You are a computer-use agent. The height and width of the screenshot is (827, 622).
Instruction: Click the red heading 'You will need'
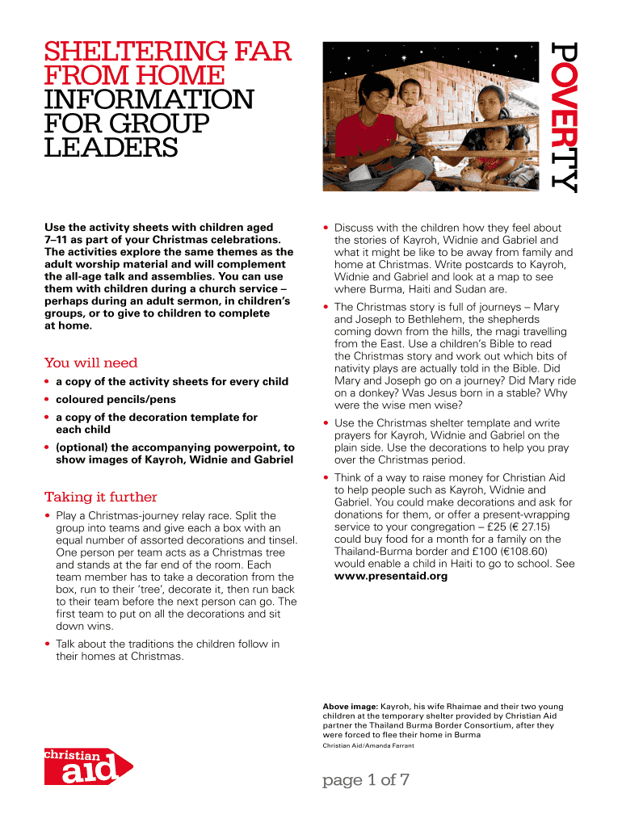click(90, 363)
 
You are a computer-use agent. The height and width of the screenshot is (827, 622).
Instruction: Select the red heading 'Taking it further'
click(100, 497)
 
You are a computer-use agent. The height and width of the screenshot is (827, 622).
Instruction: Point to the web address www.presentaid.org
click(391, 577)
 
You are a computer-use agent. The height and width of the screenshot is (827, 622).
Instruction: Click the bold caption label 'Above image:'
click(350, 707)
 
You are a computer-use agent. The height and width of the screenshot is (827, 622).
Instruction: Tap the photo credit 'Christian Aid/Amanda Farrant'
click(368, 745)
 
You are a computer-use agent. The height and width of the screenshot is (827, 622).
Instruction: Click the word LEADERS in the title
click(111, 148)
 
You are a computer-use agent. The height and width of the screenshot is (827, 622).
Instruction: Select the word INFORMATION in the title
click(149, 100)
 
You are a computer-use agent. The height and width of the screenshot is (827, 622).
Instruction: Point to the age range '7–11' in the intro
click(57, 240)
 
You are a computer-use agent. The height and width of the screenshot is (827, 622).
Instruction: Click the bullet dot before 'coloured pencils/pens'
click(48, 400)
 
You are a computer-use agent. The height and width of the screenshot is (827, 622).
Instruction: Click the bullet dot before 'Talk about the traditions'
click(48, 644)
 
